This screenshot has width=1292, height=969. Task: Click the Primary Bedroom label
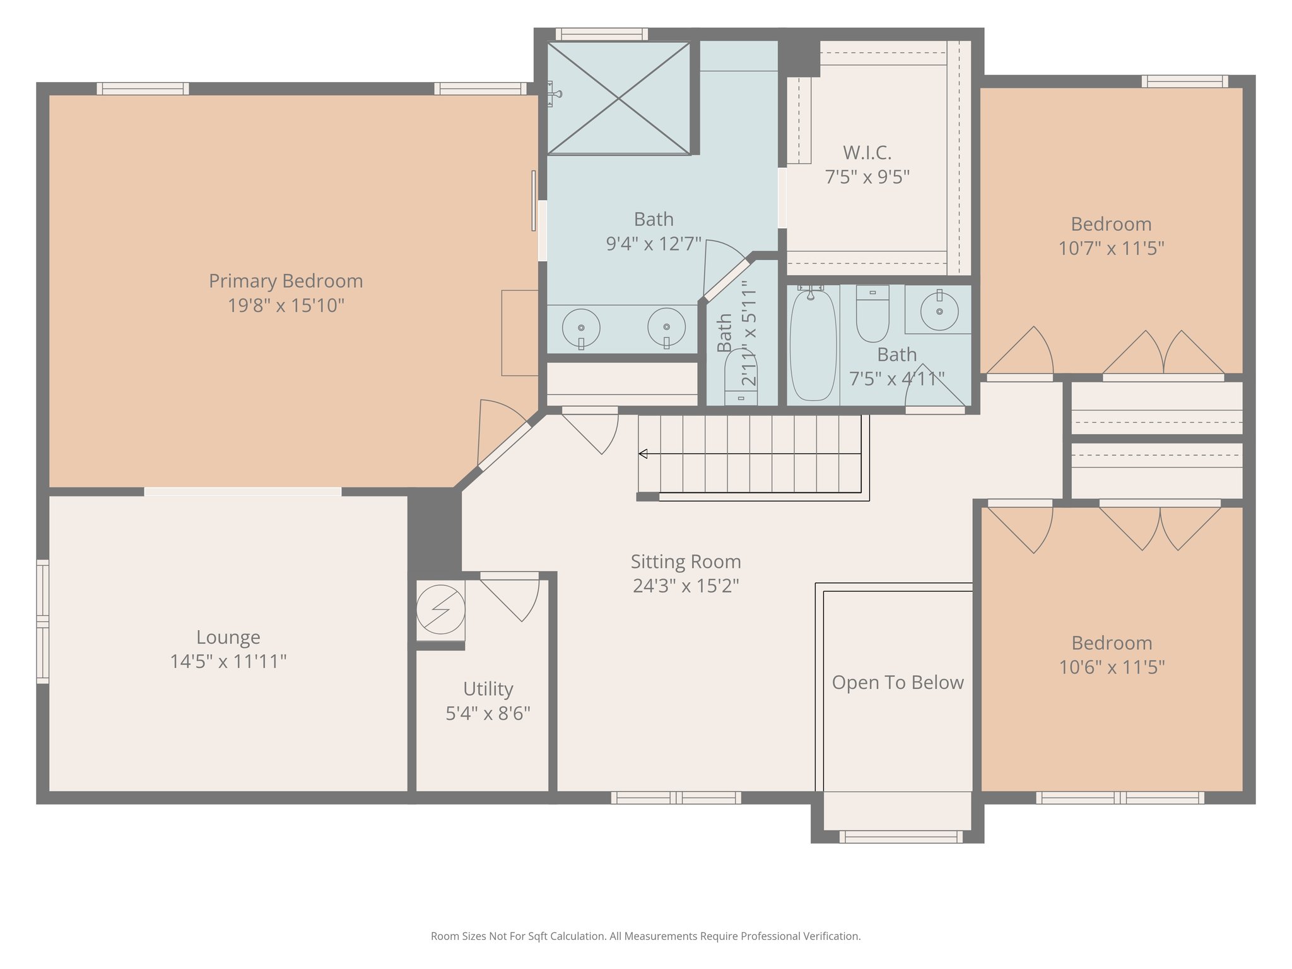click(x=286, y=281)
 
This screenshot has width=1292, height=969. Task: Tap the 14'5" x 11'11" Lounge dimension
click(x=228, y=662)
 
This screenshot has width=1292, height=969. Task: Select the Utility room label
click(x=488, y=689)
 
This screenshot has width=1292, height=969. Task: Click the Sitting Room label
click(x=686, y=561)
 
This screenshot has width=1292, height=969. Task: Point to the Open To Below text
click(x=897, y=683)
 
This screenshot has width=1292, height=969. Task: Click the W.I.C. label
click(x=867, y=153)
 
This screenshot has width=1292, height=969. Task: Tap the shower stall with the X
click(x=618, y=98)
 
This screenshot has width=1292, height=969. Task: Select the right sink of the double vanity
click(x=666, y=327)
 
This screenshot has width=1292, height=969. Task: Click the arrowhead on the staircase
click(x=643, y=454)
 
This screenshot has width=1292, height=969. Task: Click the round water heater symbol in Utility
click(x=440, y=609)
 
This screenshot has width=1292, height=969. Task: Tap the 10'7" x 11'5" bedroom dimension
click(x=1111, y=249)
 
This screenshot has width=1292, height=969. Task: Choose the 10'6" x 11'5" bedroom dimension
click(x=1111, y=667)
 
